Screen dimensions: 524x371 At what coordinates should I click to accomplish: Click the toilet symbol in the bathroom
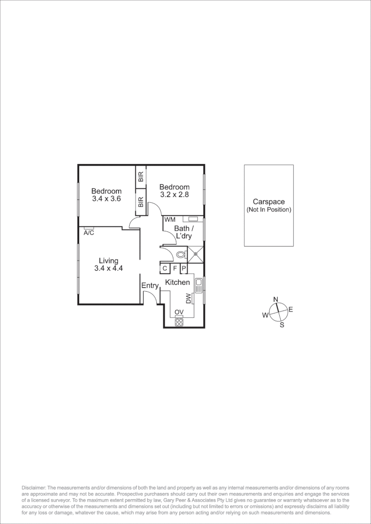(181, 254)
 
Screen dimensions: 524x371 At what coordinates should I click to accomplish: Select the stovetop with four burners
(179, 321)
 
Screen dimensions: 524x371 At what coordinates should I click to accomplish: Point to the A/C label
(89, 233)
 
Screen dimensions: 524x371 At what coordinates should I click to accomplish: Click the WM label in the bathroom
(169, 220)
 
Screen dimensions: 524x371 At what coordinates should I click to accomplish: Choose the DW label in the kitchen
(188, 298)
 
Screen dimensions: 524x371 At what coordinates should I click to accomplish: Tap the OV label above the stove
(179, 312)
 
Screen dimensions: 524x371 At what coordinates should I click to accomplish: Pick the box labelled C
(165, 268)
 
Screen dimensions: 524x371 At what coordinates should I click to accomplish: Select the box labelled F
(175, 268)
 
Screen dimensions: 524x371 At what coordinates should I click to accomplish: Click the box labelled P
(184, 268)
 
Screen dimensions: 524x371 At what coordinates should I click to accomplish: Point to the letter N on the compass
(275, 299)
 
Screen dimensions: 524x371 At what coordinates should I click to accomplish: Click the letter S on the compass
(282, 325)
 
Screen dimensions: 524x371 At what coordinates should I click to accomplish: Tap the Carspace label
(269, 202)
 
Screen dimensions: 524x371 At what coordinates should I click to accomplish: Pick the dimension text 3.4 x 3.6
(106, 198)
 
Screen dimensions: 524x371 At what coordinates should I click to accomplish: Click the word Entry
(150, 286)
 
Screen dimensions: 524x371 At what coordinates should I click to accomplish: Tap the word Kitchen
(178, 282)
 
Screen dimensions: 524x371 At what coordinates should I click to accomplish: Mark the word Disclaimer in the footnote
(34, 487)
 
